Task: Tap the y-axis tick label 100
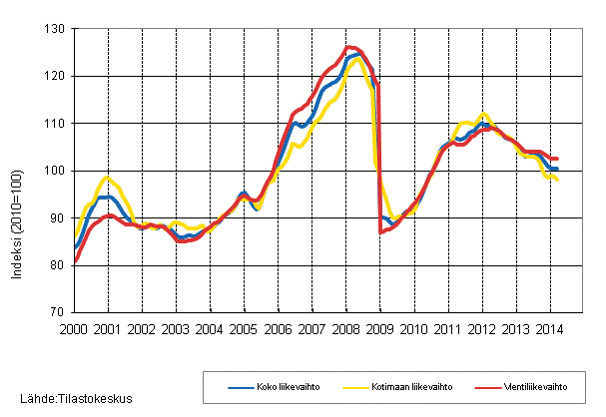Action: (54, 171)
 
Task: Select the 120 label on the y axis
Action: (54, 76)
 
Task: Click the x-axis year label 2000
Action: (74, 327)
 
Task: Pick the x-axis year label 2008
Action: (345, 327)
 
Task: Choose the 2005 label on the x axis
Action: (244, 327)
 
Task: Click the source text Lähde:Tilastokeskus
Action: (68, 399)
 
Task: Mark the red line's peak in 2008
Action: (349, 47)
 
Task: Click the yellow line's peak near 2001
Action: (108, 178)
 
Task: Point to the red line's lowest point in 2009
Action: (380, 232)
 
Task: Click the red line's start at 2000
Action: (75, 261)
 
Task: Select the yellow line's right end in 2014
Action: (557, 179)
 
